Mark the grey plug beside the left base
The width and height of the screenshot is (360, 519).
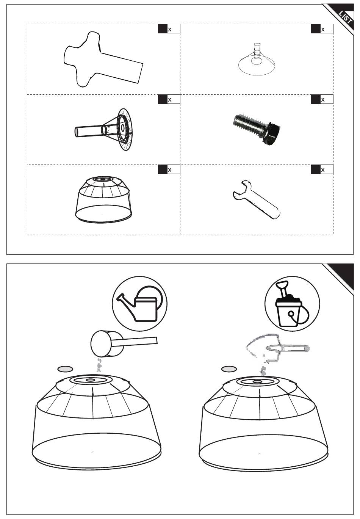65,368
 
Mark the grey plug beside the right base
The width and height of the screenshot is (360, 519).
229,368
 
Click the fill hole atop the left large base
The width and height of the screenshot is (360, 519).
91,379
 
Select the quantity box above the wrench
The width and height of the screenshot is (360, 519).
322,170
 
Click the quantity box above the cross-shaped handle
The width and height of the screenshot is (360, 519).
169,29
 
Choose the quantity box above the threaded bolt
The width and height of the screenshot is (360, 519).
322,100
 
